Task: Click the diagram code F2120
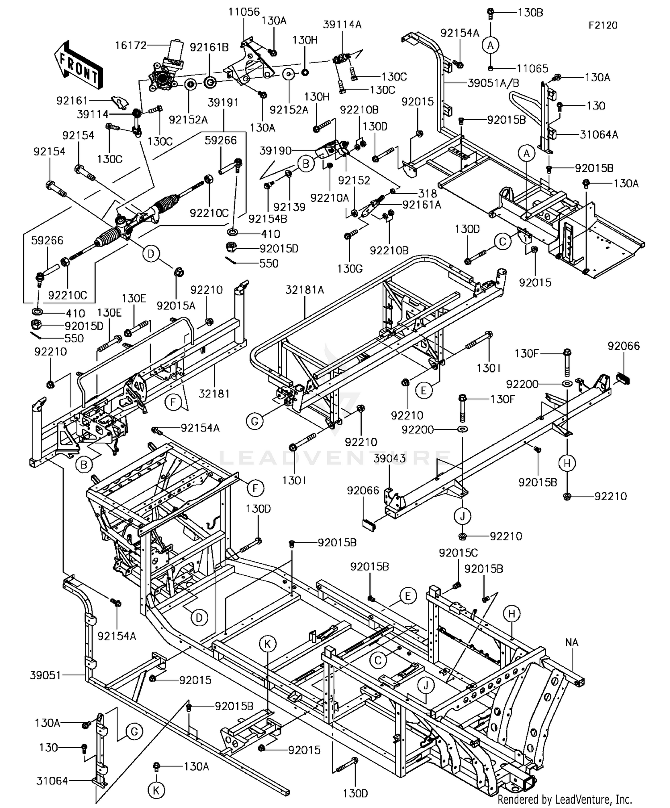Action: (603, 25)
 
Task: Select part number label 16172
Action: (130, 45)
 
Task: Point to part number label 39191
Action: (223, 103)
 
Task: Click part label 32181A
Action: (305, 290)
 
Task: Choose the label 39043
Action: (389, 459)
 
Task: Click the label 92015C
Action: (458, 553)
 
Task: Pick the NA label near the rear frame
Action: (572, 642)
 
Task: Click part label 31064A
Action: (599, 134)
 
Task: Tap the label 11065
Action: (532, 68)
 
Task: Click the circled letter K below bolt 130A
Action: (156, 791)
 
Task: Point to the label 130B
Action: (530, 13)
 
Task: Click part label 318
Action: (427, 193)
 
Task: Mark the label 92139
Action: (289, 207)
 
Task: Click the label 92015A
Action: (176, 306)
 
